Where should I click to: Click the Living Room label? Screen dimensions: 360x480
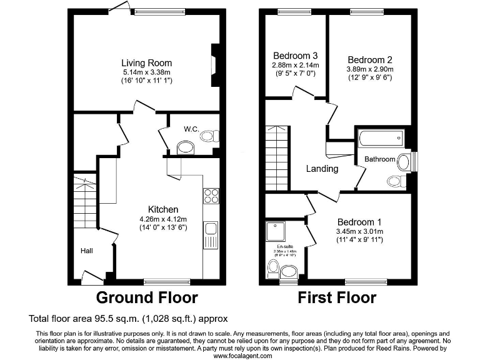tap(146, 63)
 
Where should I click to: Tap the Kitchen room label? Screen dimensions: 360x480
tap(162, 209)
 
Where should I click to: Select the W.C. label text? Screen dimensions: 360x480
tap(191, 129)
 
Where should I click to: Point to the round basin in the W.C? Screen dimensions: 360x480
tap(186, 148)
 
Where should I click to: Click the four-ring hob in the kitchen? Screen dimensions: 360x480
tap(211, 196)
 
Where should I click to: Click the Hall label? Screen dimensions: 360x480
tap(86, 251)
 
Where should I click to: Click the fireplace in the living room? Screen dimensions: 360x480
tap(214, 64)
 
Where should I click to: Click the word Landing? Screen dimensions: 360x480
tap(322, 169)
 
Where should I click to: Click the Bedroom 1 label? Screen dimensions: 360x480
tap(359, 222)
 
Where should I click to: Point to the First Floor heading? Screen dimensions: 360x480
tap(337, 297)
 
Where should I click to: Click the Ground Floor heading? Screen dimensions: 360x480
tap(146, 297)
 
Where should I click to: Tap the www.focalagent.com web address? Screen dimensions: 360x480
tap(243, 356)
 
